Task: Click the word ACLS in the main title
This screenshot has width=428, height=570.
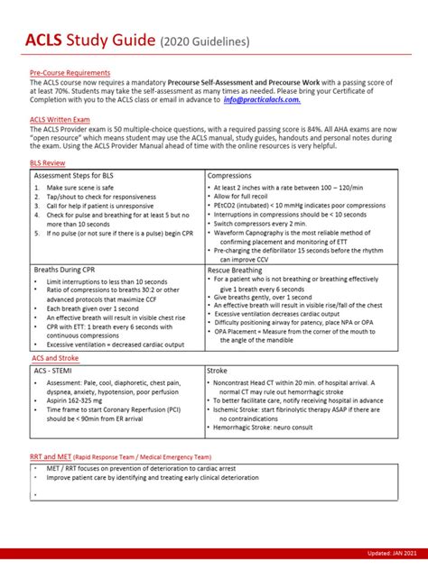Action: click(x=47, y=39)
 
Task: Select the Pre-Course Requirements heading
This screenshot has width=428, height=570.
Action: click(x=70, y=72)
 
